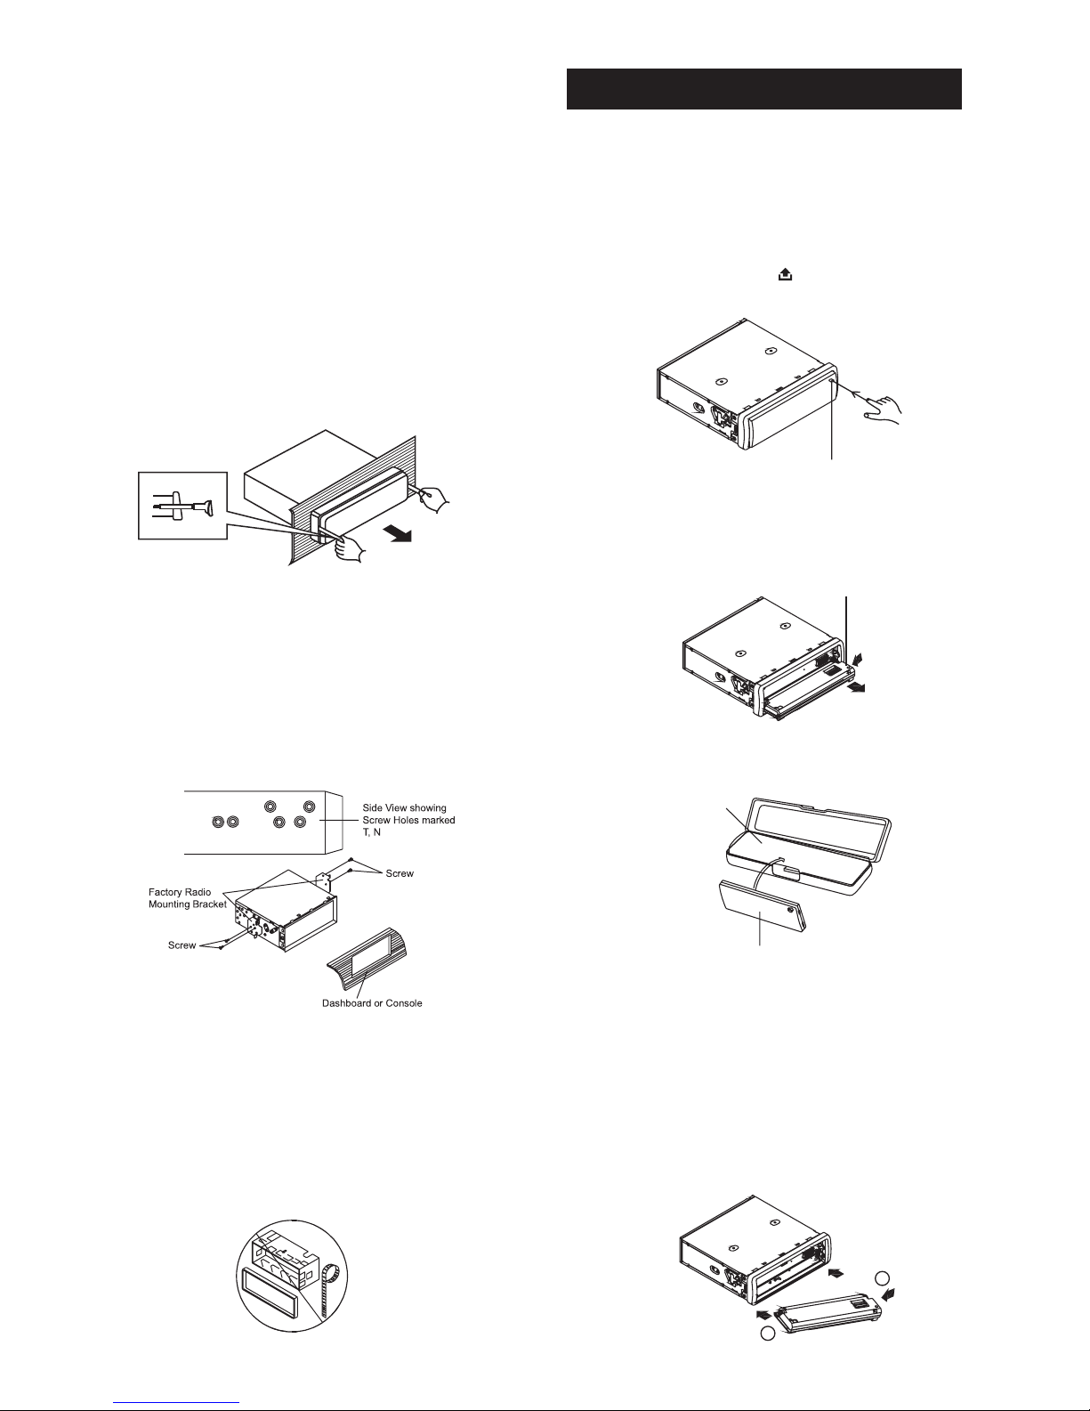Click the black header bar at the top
tap(763, 89)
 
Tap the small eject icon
tap(785, 275)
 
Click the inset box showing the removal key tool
tap(183, 505)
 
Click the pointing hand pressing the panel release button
tap(883, 410)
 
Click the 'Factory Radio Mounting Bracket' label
tap(188, 898)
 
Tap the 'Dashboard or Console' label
tap(372, 1003)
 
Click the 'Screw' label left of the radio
tap(182, 945)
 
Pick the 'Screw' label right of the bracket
tap(400, 873)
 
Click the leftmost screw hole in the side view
tap(219, 822)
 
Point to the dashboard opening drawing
tap(369, 961)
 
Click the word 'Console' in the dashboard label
tap(404, 1003)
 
